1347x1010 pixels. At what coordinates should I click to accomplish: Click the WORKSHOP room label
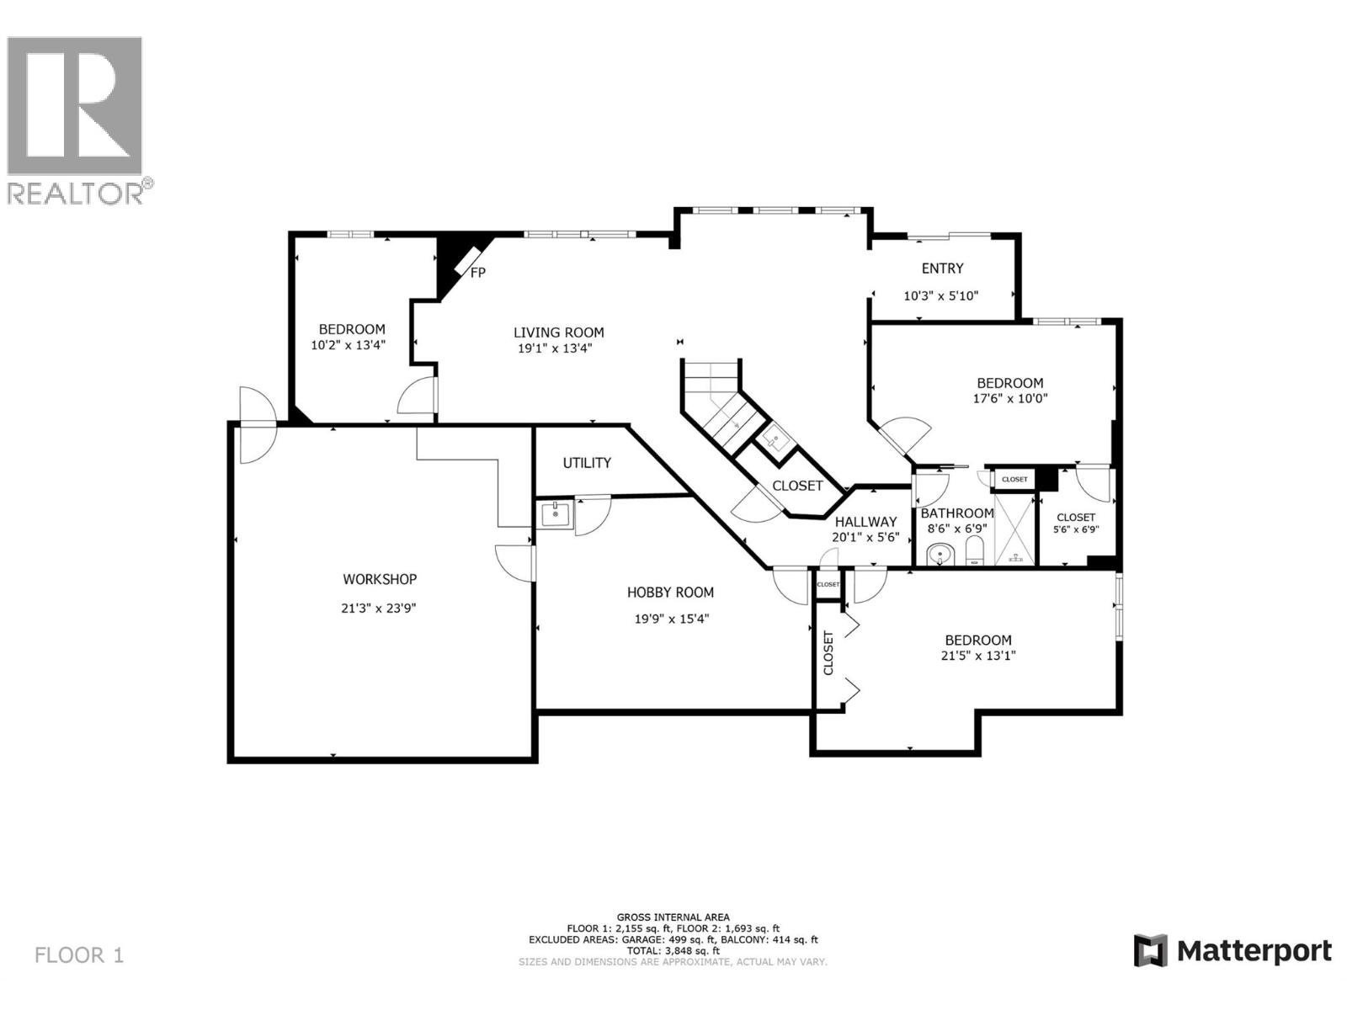pyautogui.click(x=379, y=579)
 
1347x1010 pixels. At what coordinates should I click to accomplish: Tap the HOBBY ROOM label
pyautogui.click(x=670, y=593)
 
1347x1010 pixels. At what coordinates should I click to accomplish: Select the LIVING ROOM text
pyautogui.click(x=559, y=332)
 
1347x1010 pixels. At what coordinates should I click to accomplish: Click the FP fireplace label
pyautogui.click(x=477, y=273)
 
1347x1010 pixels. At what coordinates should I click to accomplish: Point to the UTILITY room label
pyautogui.click(x=587, y=463)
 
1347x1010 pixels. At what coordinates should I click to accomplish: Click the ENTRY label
pyautogui.click(x=942, y=268)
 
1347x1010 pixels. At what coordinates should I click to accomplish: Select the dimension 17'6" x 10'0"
pyautogui.click(x=1009, y=399)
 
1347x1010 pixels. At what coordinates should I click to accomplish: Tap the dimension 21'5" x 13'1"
pyautogui.click(x=977, y=656)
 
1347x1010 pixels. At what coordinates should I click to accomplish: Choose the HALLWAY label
pyautogui.click(x=865, y=522)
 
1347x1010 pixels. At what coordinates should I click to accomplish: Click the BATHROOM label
pyautogui.click(x=957, y=513)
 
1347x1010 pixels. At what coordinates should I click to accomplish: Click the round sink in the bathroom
pyautogui.click(x=940, y=555)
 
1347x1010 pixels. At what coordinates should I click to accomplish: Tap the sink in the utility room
pyautogui.click(x=556, y=513)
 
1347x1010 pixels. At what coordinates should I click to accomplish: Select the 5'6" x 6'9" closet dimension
pyautogui.click(x=1076, y=530)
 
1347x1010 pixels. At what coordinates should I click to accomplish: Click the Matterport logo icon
pyautogui.click(x=1150, y=951)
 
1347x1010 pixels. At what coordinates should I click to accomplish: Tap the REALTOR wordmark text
pyautogui.click(x=76, y=194)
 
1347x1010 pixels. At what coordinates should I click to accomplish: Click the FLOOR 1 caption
pyautogui.click(x=79, y=955)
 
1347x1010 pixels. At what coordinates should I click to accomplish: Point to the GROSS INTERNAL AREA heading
pyautogui.click(x=673, y=917)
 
